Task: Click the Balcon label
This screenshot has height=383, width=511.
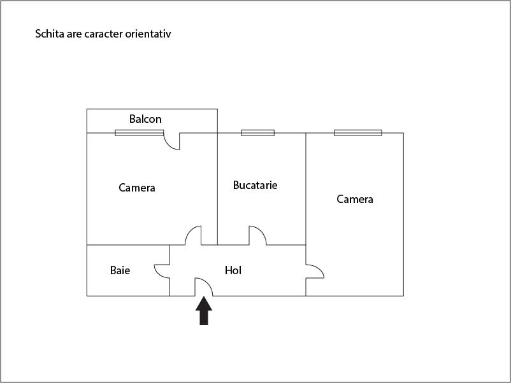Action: tap(145, 119)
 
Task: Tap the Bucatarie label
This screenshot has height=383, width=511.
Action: tap(255, 185)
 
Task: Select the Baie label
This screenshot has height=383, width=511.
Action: tap(120, 270)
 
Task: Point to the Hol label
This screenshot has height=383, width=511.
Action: tap(233, 270)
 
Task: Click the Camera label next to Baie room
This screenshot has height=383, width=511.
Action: tap(137, 188)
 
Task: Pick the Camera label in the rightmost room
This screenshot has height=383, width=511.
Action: tap(355, 199)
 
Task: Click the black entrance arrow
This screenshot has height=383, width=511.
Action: tap(204, 312)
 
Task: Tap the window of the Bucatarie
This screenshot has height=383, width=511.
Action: tap(257, 133)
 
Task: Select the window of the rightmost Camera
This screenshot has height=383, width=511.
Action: tap(358, 133)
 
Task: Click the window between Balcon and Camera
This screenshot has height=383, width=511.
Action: tap(139, 133)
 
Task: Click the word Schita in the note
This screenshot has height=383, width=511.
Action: tap(50, 34)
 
